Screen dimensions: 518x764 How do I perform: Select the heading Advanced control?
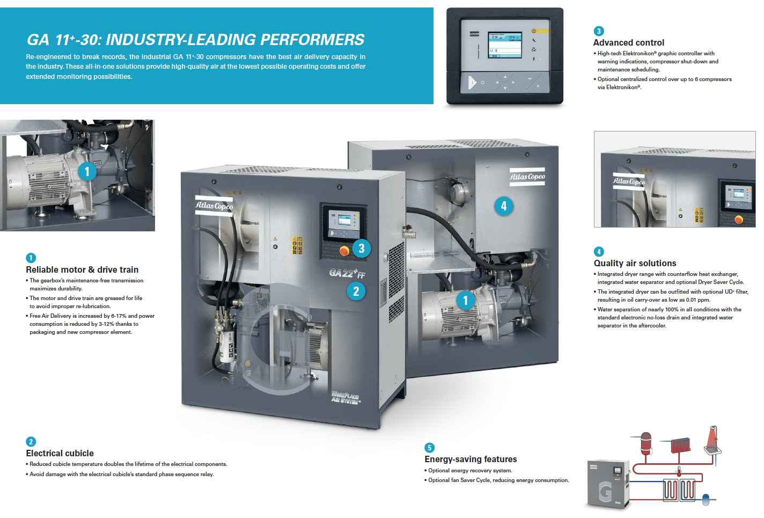(x=628, y=43)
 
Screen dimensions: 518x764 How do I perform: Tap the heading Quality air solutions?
(x=635, y=263)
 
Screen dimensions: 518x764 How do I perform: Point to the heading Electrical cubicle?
(x=60, y=453)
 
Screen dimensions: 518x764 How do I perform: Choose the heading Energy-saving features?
(x=471, y=459)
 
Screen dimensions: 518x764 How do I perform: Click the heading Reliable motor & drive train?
(x=82, y=269)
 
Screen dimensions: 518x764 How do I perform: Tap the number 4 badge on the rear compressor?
(x=503, y=206)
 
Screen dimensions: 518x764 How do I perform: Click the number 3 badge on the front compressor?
(x=361, y=248)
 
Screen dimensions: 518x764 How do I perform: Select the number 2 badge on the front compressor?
(x=356, y=291)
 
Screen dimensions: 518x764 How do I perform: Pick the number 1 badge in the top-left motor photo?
(x=87, y=172)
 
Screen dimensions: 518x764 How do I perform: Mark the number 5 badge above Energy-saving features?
(x=429, y=448)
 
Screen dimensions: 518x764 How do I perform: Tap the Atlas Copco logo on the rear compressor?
(x=527, y=177)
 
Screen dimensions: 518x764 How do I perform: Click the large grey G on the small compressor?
(x=605, y=490)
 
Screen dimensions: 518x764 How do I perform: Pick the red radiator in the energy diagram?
(x=680, y=445)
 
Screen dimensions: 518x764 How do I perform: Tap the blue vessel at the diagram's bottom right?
(x=706, y=499)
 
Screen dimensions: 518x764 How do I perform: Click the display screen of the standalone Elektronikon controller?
(x=504, y=45)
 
